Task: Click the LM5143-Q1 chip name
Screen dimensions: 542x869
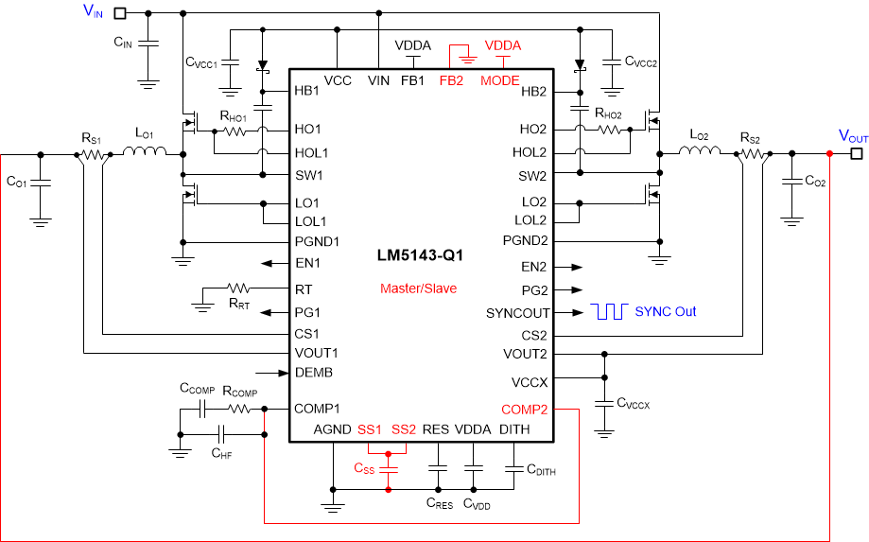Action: tap(422, 255)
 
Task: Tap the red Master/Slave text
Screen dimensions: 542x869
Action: tap(418, 288)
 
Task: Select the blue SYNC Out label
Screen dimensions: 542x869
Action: tap(666, 311)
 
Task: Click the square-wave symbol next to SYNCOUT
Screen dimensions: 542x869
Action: tap(610, 312)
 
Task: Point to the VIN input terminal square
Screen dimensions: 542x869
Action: tap(120, 13)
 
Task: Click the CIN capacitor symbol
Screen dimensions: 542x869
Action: tap(148, 44)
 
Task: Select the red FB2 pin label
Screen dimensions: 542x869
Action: tap(451, 80)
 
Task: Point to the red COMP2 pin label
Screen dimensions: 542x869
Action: tap(525, 409)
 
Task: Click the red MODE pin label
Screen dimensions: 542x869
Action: tap(499, 80)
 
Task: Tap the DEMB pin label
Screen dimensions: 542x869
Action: tap(314, 373)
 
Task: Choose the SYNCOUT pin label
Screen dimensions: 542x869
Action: tap(518, 313)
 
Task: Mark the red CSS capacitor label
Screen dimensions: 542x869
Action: tap(364, 468)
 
